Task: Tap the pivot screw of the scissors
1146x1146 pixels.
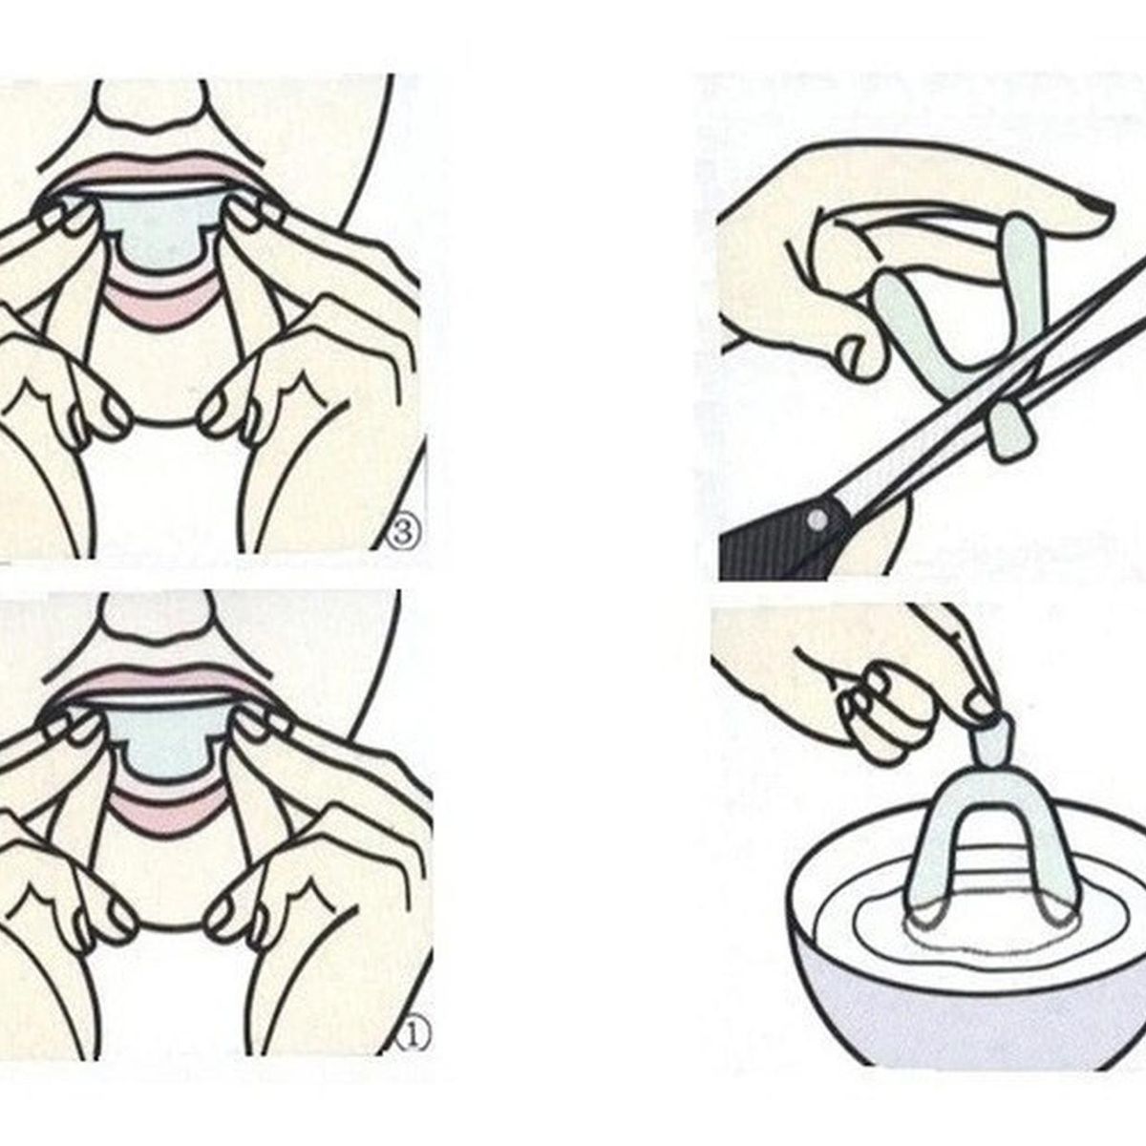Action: [818, 520]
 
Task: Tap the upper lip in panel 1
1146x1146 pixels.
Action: [158, 684]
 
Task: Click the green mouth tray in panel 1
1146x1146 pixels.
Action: [168, 743]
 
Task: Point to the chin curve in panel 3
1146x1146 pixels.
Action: [163, 423]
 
